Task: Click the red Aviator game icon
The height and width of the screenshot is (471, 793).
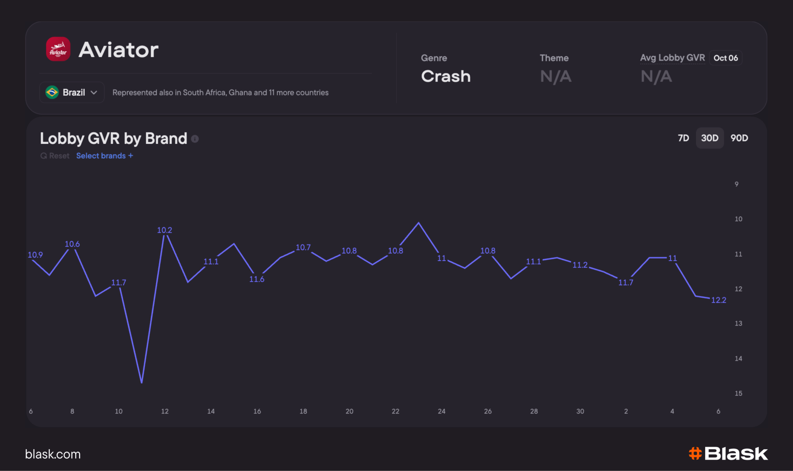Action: (x=58, y=49)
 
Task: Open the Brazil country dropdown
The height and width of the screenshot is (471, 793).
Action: (x=72, y=92)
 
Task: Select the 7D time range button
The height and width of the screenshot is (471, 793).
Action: (x=683, y=138)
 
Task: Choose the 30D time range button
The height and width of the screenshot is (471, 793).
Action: (x=710, y=138)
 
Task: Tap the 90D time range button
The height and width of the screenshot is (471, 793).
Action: (x=739, y=138)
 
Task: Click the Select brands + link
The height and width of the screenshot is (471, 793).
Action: (x=105, y=155)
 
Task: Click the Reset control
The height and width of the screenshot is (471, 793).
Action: (x=55, y=155)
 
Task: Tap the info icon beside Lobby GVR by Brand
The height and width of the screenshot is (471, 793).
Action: (x=195, y=139)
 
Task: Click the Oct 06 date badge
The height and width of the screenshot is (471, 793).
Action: (x=726, y=58)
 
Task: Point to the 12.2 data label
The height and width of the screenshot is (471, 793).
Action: (x=719, y=300)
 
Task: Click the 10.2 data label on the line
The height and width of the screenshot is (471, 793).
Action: (x=165, y=230)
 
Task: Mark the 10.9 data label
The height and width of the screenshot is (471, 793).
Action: (x=35, y=255)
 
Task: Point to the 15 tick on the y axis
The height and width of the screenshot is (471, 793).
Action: (x=738, y=393)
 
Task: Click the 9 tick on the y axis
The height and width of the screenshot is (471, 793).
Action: (x=736, y=184)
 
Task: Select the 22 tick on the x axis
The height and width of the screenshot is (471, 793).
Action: (x=395, y=411)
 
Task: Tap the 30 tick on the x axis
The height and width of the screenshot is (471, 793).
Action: (x=580, y=411)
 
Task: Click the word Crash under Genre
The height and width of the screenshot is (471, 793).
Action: (x=446, y=76)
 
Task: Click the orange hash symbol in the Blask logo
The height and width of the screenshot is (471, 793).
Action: (x=695, y=453)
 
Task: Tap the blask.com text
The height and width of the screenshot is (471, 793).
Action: (x=53, y=454)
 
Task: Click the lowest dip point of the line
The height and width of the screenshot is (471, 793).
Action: (x=142, y=383)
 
